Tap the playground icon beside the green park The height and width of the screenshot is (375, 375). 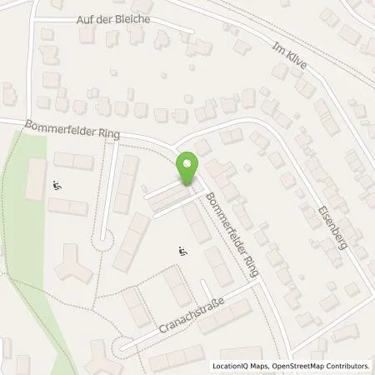point(57,185)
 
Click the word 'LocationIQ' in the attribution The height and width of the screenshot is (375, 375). point(232,366)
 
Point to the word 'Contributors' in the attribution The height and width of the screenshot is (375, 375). point(348,366)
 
